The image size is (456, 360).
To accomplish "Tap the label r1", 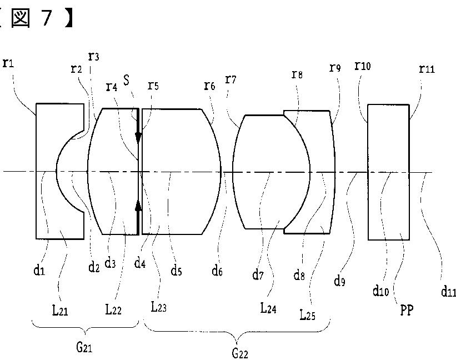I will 8,63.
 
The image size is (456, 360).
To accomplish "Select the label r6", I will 209,86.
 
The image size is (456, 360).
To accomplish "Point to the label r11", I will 427,69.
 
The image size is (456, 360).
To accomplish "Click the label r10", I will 362,67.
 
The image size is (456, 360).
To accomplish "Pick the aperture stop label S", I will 127,79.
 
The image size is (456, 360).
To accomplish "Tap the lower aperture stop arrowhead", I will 138,206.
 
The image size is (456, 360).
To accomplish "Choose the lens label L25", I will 308,315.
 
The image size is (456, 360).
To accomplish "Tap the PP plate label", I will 407,310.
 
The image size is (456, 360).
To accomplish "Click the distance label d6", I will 217,272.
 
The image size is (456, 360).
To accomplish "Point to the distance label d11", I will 448,291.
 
